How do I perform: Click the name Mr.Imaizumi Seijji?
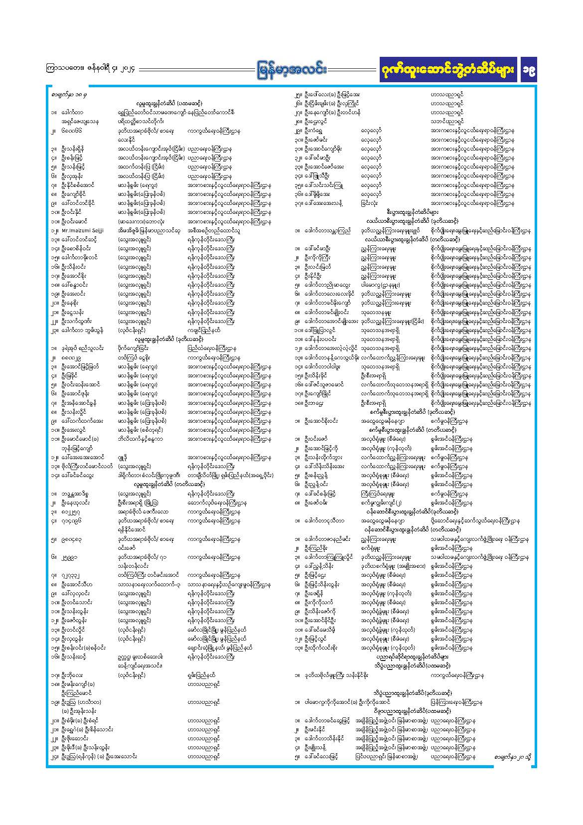(83, 231)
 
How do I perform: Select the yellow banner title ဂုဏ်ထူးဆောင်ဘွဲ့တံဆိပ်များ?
(447, 71)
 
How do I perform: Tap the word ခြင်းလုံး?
(369, 203)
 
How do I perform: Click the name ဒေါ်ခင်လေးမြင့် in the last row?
(321, 757)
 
